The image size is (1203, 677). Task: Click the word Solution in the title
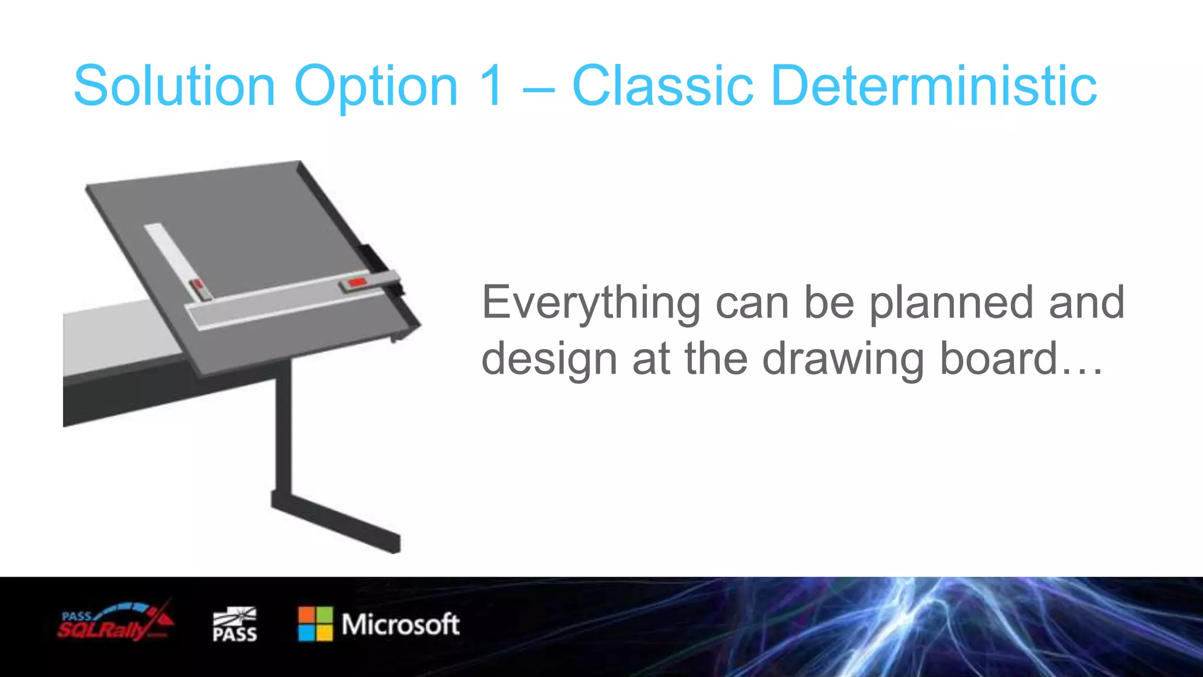tap(174, 86)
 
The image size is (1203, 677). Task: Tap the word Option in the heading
tap(375, 86)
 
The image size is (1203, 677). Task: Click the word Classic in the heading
tap(662, 86)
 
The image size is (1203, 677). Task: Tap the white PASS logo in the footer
tap(234, 625)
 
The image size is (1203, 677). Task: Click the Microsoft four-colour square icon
tap(315, 624)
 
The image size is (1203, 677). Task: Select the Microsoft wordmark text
tap(401, 624)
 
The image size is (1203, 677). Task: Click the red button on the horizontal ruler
tap(357, 283)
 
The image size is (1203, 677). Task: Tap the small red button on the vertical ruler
tap(199, 286)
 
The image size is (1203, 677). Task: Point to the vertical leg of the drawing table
tap(284, 429)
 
